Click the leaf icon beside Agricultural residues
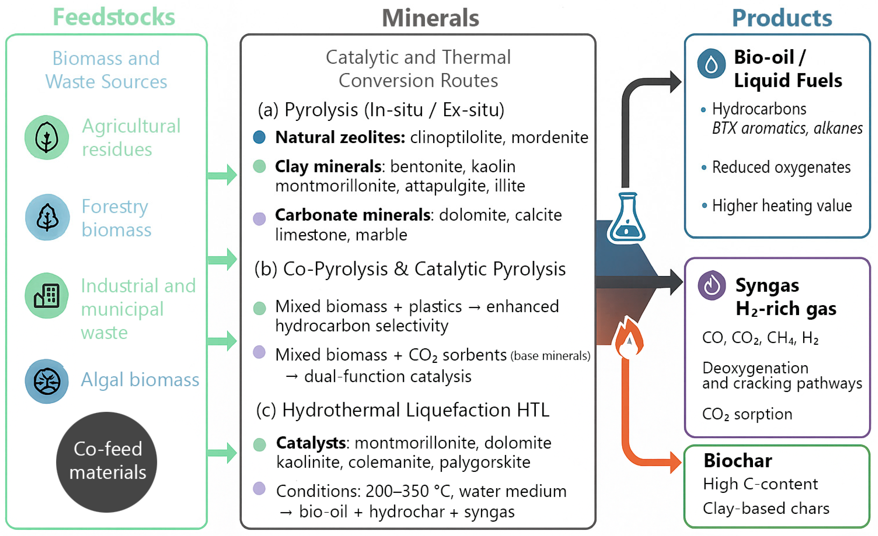(46, 137)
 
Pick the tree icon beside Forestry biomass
(47, 217)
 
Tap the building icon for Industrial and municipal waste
(46, 295)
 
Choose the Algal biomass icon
(47, 381)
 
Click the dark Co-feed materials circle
(107, 462)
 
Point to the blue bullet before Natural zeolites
(259, 137)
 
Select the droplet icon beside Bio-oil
(711, 64)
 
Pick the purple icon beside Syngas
(712, 285)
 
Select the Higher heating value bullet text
(782, 206)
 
